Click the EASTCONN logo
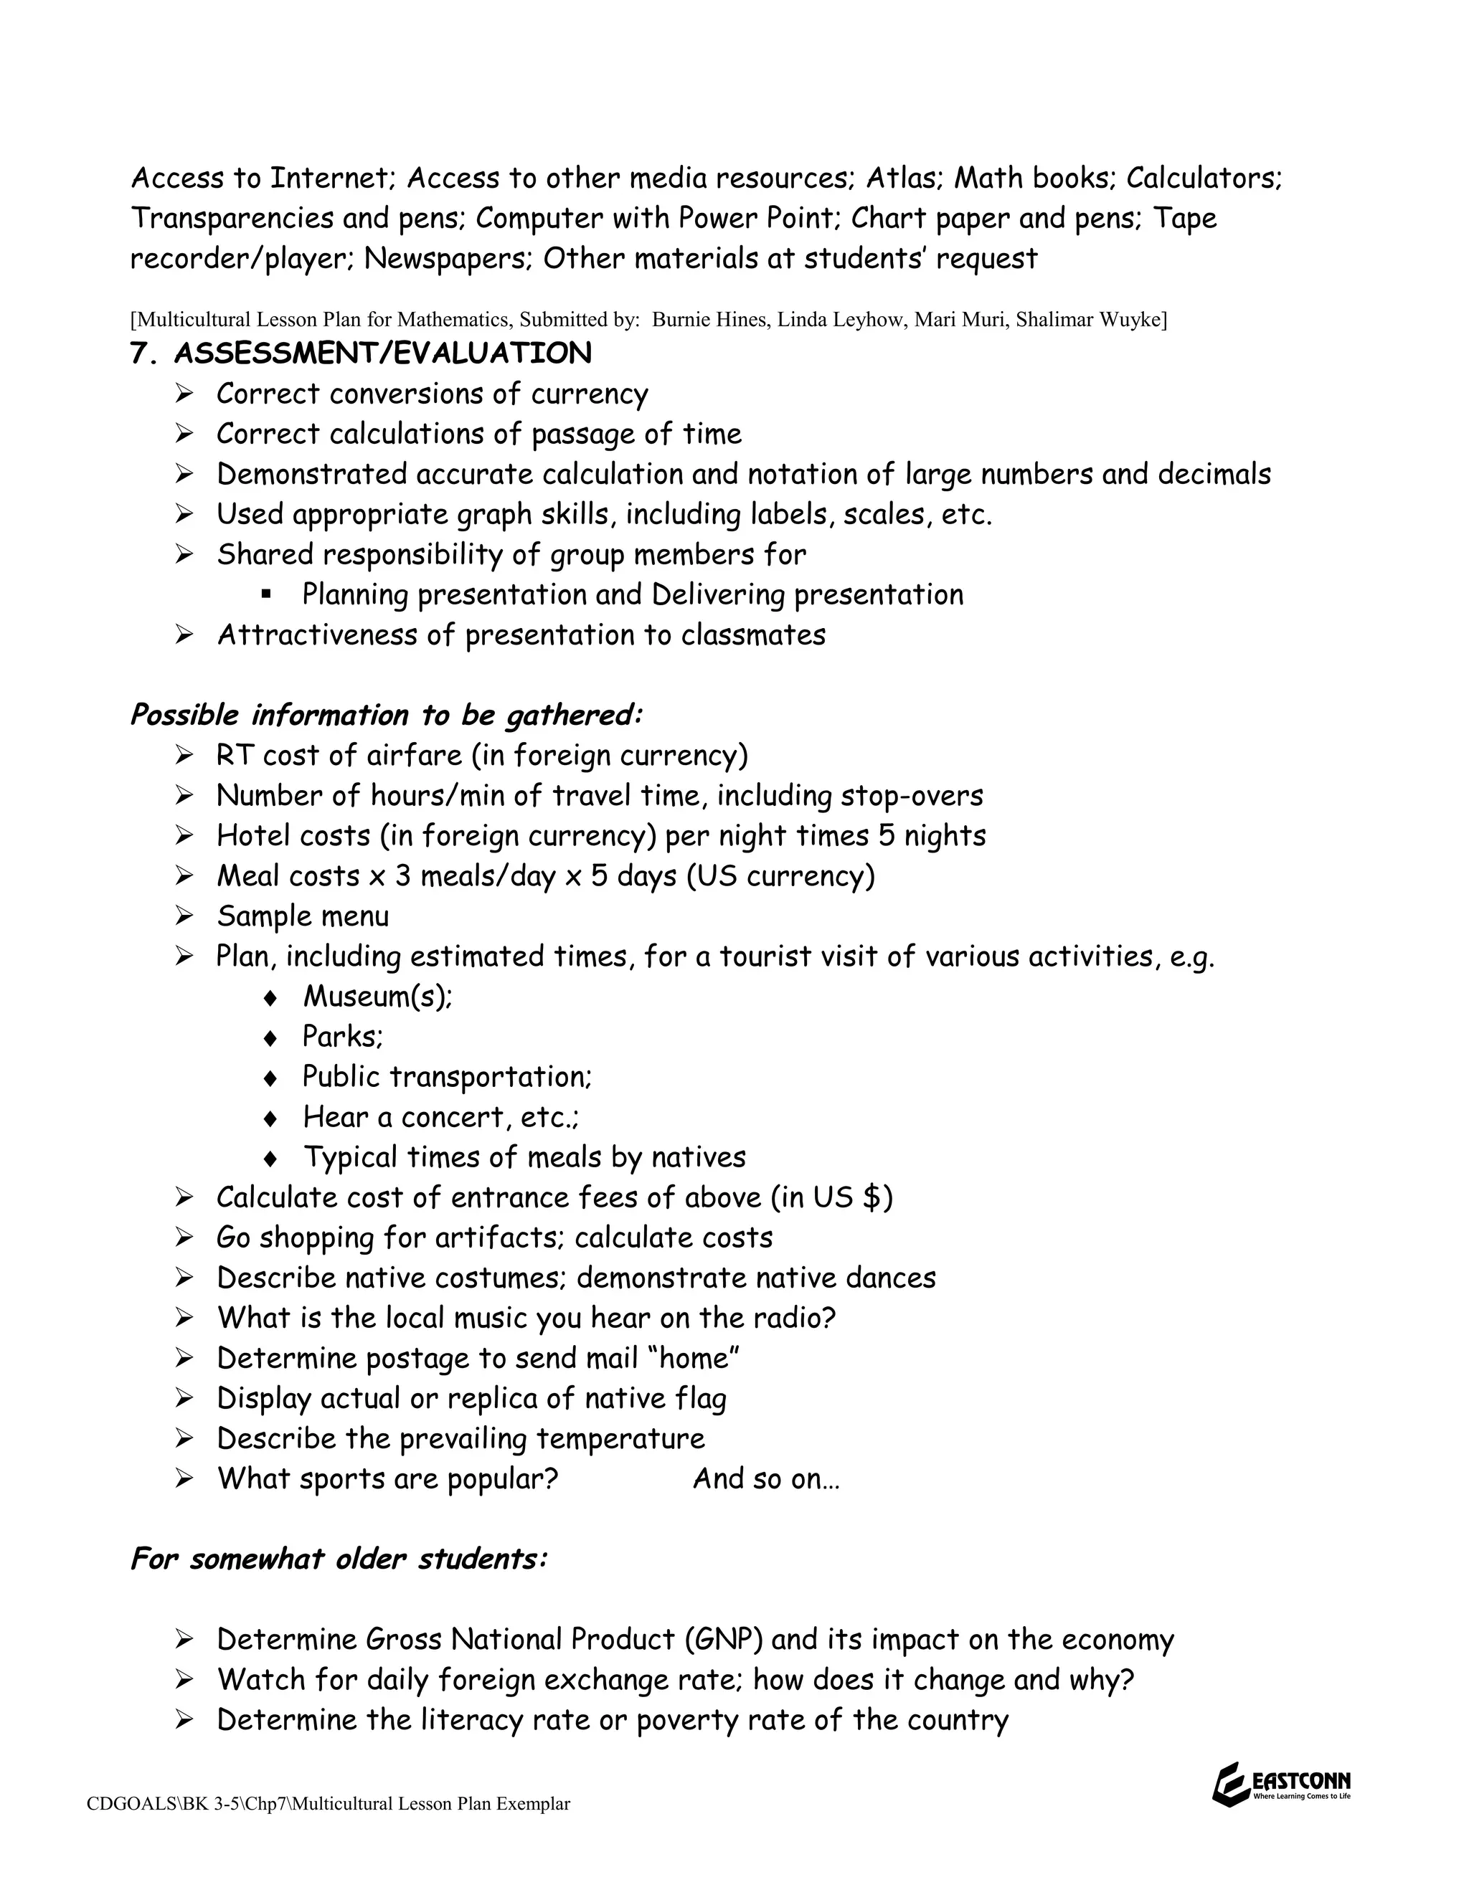[x=1280, y=1785]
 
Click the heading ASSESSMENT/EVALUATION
[x=382, y=353]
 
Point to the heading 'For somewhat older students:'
[x=339, y=1558]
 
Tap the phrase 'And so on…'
[x=766, y=1479]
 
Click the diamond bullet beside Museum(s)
[x=270, y=998]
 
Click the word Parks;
[x=342, y=1037]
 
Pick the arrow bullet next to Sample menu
[x=183, y=916]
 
